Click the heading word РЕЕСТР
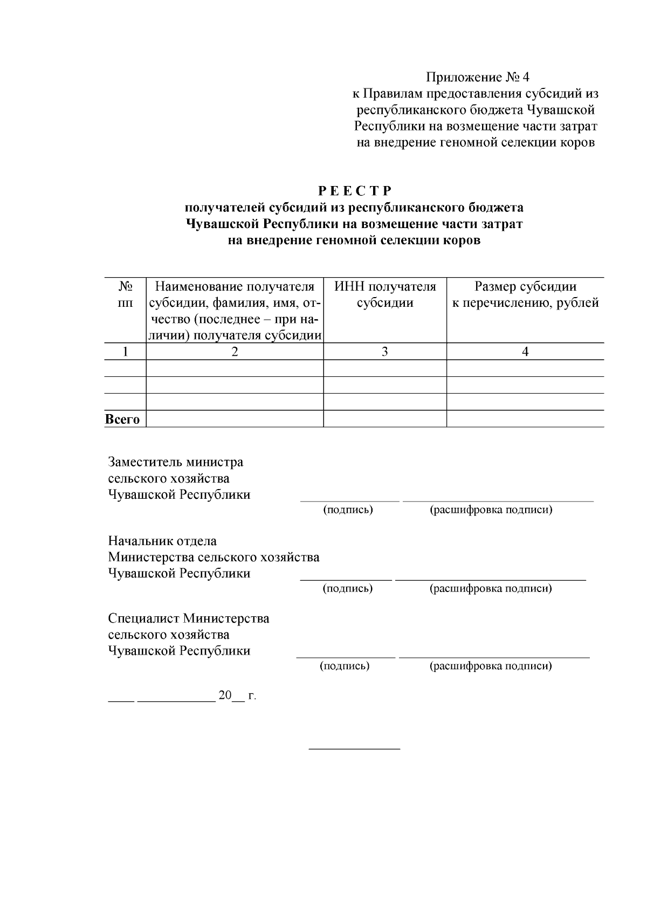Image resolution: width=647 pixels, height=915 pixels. point(354,191)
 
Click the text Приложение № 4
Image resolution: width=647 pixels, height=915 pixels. point(478,77)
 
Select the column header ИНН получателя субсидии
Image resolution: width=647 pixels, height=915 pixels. point(385,294)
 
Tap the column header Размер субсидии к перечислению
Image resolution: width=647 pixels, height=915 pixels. point(525,294)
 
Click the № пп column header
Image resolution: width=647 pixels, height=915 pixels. point(125,294)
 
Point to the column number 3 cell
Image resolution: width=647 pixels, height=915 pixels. point(385,352)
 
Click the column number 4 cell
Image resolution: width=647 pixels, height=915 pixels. point(525,352)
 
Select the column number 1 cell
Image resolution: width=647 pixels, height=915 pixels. point(125,352)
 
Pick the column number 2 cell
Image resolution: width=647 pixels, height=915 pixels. point(235,352)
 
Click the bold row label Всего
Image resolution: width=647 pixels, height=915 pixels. point(122,419)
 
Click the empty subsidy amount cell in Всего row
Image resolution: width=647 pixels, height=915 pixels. point(525,419)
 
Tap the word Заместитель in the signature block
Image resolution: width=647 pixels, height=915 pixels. point(144,462)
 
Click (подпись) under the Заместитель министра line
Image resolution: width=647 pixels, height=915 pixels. point(348,510)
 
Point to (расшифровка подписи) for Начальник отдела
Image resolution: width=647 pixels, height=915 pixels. point(491,588)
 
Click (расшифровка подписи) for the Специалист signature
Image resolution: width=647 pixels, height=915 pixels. point(491,666)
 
